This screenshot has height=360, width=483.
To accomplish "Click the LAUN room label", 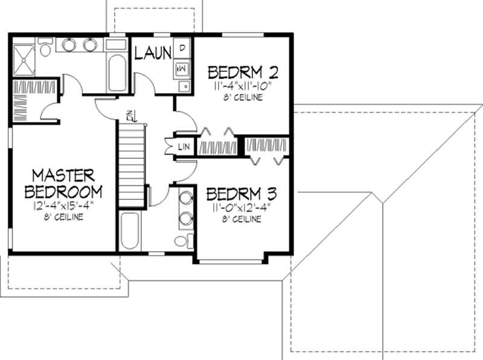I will tap(153, 53).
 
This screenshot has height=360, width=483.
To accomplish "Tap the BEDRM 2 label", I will tap(243, 72).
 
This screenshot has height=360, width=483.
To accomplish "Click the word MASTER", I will tap(63, 175).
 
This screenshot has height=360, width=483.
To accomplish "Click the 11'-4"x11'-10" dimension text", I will tap(243, 87).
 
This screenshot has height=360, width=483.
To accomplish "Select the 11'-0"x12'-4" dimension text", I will tap(241, 208).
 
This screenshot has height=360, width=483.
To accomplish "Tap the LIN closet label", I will tap(184, 147).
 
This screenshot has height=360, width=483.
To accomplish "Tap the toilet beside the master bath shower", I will tap(46, 48).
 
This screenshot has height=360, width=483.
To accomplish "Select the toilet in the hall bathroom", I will tap(182, 241).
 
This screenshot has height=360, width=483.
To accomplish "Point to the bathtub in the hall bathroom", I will tap(129, 231).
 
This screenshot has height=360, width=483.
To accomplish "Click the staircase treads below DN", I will tap(132, 163).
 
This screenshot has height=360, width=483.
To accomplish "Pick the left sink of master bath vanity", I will tap(69, 45).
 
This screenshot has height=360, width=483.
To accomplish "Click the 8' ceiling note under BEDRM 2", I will tap(243, 97).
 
